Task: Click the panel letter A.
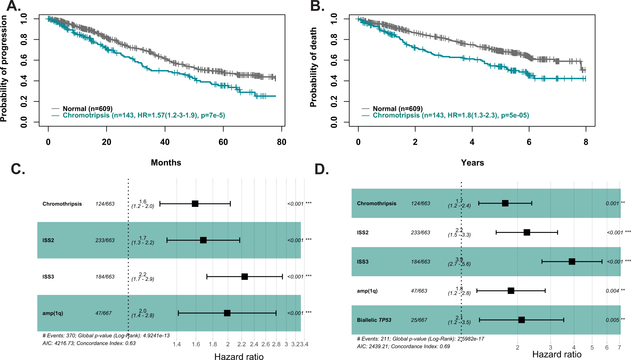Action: click(x=13, y=6)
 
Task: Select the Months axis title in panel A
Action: click(x=166, y=162)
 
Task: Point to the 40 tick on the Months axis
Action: click(x=165, y=142)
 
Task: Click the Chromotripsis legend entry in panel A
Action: click(x=144, y=115)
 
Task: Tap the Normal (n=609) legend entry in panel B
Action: click(x=397, y=109)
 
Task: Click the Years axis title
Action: click(x=472, y=163)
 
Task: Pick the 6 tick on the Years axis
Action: click(x=529, y=142)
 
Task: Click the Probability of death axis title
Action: click(x=313, y=67)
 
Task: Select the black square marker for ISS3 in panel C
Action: click(x=245, y=277)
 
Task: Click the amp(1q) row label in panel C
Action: click(x=53, y=313)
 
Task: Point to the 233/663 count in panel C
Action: click(x=105, y=240)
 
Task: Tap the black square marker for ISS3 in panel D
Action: click(x=572, y=261)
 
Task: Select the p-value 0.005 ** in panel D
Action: click(x=615, y=320)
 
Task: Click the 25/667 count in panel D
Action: click(x=419, y=320)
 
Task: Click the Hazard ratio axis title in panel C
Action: click(x=239, y=356)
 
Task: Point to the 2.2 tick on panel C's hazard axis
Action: click(x=241, y=344)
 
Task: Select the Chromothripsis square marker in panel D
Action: click(x=505, y=203)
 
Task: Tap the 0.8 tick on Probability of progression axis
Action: click(x=24, y=39)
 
